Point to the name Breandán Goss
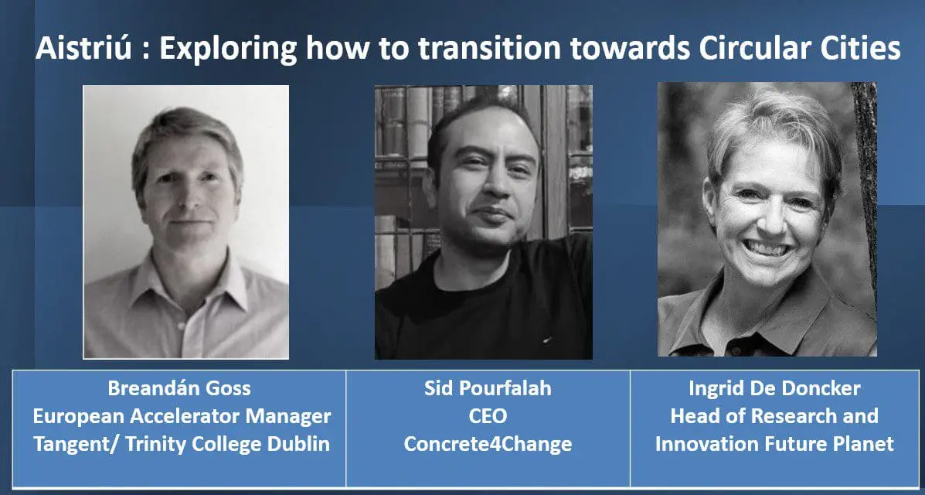[x=179, y=389]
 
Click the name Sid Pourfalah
[x=488, y=389]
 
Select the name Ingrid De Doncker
[x=774, y=389]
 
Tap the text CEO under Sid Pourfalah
[x=488, y=416]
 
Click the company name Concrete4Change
[x=488, y=444]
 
